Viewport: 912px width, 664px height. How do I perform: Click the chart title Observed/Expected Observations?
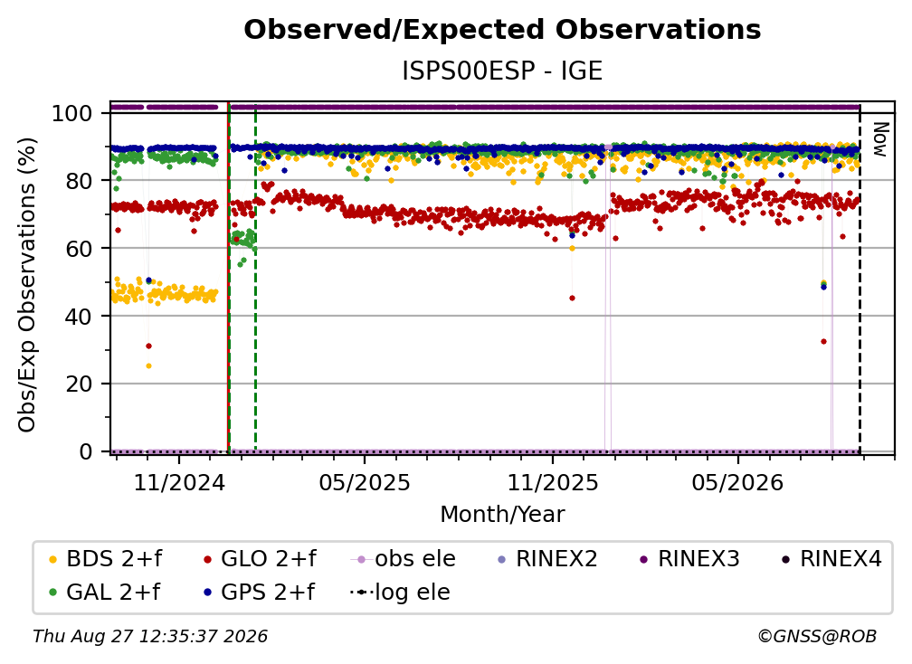tap(502, 30)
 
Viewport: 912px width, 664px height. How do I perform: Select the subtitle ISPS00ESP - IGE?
tap(502, 71)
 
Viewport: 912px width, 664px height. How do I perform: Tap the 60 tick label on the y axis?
tap(79, 248)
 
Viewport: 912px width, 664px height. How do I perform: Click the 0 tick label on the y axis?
tap(86, 451)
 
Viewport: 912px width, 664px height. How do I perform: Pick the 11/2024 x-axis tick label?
tap(179, 482)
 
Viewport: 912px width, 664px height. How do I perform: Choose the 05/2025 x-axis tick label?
tap(365, 482)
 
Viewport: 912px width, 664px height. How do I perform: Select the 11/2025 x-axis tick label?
tap(553, 482)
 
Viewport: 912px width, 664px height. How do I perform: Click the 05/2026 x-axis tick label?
tap(738, 482)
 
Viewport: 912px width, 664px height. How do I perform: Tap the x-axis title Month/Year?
tap(502, 514)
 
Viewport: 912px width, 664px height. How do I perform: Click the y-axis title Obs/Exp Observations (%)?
tap(27, 285)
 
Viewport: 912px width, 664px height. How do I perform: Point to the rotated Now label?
tap(880, 139)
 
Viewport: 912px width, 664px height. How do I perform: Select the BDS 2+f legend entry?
tap(106, 559)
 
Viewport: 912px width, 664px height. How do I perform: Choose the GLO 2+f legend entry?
tap(260, 559)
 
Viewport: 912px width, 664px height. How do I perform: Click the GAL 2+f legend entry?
tap(105, 592)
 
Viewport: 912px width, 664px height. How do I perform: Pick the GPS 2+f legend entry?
tap(259, 592)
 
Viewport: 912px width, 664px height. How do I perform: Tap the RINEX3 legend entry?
tap(689, 559)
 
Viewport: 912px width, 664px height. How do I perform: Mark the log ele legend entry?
tap(400, 592)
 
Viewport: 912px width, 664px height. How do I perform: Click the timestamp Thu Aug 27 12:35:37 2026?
tap(150, 637)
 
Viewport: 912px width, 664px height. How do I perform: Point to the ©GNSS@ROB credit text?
tap(817, 637)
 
